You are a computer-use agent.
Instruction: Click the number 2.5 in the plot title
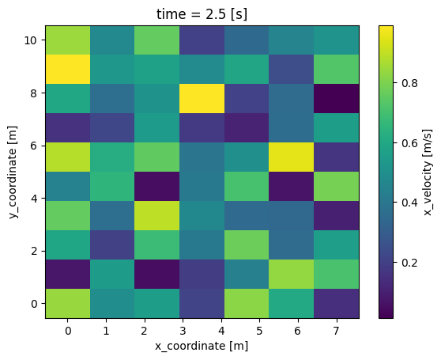tap(216, 14)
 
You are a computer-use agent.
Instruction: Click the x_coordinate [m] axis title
tap(202, 346)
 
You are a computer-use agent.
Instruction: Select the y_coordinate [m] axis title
tap(13, 172)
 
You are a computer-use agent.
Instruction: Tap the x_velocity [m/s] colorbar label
tap(428, 172)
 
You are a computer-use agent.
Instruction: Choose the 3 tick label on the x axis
tap(183, 332)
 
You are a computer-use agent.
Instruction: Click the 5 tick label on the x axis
tap(259, 332)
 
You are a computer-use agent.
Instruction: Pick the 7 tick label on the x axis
tap(336, 332)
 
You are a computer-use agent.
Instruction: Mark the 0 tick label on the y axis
tap(34, 304)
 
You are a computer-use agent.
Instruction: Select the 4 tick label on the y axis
tap(34, 198)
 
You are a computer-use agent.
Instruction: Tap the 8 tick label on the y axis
tap(34, 93)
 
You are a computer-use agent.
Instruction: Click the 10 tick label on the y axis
tap(31, 40)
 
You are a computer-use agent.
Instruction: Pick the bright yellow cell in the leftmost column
tap(68, 70)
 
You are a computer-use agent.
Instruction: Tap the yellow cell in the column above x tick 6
tap(292, 157)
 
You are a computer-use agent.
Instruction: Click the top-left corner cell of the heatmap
tap(68, 40)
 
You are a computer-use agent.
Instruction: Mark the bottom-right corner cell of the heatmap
tap(337, 303)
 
